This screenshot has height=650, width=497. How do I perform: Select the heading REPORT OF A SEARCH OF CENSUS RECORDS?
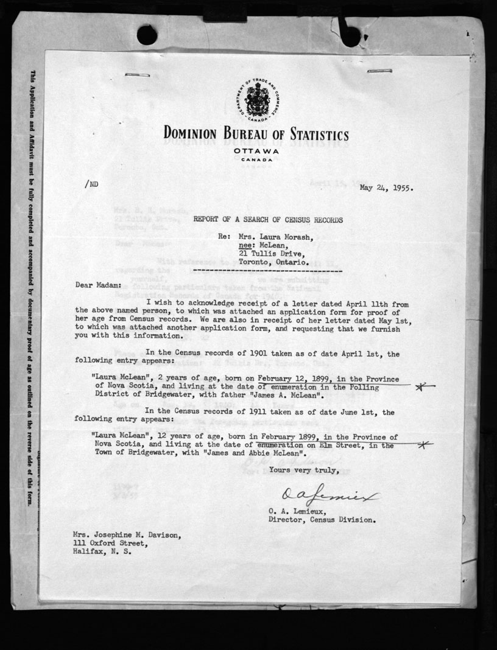point(268,220)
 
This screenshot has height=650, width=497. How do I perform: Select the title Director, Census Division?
point(322,520)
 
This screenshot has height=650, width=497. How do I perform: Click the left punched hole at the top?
point(147,35)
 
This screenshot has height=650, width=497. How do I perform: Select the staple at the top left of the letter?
point(137,75)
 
